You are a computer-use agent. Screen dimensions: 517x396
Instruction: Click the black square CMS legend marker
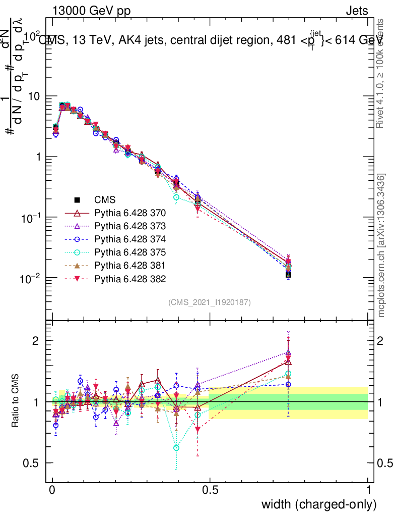pos(77,200)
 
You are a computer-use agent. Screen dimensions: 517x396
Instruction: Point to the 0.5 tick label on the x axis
pos(210,490)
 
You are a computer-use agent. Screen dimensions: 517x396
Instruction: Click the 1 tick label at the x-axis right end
pos(368,490)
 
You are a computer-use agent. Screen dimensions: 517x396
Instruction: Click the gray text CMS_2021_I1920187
pos(210,302)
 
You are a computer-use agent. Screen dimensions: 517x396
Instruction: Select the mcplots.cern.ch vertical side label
pos(382,245)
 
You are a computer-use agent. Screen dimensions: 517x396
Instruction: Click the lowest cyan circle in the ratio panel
pos(176,448)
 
